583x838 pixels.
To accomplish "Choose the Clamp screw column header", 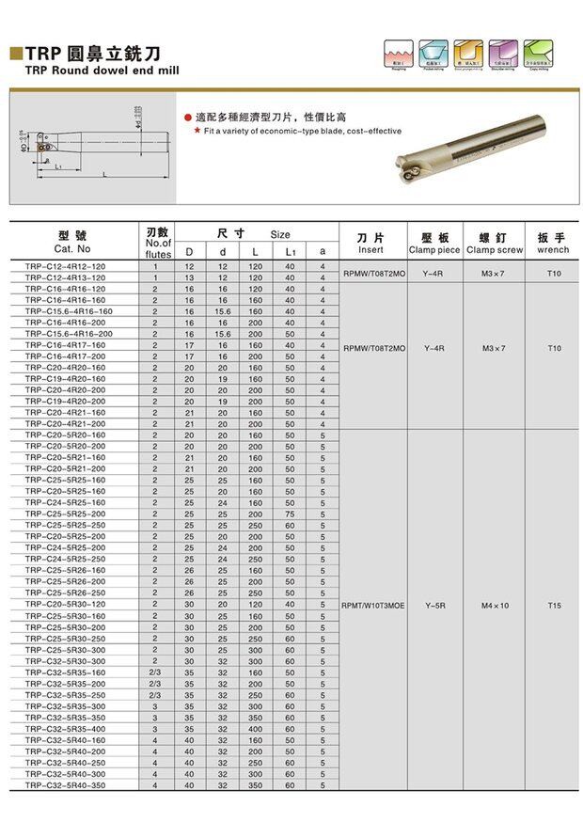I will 495,244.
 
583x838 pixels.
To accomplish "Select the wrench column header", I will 554,244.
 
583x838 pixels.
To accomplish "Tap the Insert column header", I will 370,244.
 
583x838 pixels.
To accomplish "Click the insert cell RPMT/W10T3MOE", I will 374,606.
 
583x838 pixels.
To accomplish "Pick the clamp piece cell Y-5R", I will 434,606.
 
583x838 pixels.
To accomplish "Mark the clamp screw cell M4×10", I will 495,606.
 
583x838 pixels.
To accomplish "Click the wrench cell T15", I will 554,606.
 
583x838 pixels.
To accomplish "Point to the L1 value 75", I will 290,514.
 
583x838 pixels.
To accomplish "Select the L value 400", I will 255,729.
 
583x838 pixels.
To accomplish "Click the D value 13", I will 189,277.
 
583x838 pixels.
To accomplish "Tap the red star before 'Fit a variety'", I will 197,132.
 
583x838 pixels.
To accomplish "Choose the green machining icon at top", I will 537,52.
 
